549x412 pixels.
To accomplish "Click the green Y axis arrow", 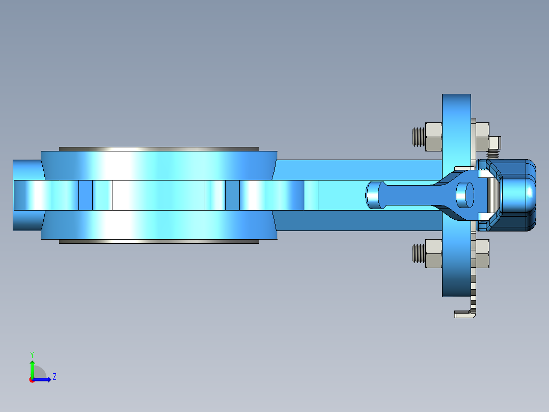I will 32,367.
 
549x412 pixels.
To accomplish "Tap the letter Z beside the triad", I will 54,377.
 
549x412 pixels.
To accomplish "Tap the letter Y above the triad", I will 32,354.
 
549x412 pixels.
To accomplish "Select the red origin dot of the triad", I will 32,380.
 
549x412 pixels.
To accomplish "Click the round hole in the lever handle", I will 464,195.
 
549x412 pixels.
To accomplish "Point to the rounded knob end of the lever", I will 374,195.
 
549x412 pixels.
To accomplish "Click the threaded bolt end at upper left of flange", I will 418,137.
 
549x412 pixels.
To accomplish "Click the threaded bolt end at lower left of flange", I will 418,253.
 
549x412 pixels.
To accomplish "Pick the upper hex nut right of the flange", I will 482,137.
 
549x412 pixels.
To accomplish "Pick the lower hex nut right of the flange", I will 482,253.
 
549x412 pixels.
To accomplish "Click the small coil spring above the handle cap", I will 493,153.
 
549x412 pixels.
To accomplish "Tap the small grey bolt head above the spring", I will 495,142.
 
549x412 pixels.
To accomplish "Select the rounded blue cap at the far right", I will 519,195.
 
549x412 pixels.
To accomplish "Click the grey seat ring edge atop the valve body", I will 159,149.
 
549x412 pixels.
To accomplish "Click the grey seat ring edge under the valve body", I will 159,242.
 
